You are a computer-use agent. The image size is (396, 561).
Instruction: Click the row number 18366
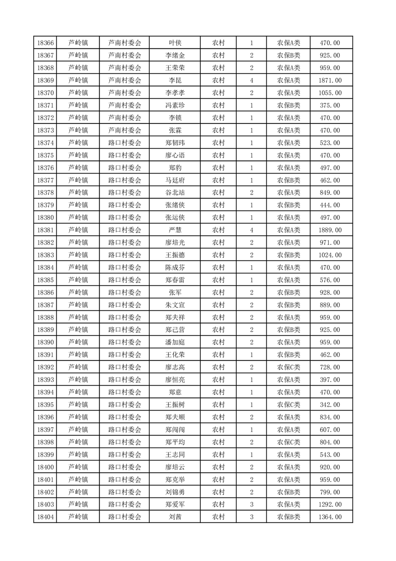(x=45, y=43)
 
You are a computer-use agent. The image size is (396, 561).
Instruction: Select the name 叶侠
(x=175, y=43)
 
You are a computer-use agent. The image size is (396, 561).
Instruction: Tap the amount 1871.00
(x=330, y=80)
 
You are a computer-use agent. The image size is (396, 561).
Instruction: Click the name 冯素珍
(x=175, y=105)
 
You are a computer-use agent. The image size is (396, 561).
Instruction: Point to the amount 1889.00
(x=330, y=230)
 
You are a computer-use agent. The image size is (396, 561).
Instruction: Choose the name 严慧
(x=175, y=230)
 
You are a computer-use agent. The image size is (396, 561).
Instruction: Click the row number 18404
(x=45, y=517)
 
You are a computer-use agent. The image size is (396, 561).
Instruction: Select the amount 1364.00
(x=330, y=517)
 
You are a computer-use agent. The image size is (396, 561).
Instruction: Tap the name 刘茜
(x=175, y=517)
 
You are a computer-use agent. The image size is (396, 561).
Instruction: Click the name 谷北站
(x=175, y=192)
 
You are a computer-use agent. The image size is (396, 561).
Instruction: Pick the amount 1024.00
(x=330, y=255)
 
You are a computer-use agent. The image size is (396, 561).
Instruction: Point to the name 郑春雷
(x=175, y=280)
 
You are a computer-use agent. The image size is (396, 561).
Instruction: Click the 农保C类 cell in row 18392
(x=289, y=367)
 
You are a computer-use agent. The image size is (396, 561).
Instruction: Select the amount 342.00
(x=330, y=404)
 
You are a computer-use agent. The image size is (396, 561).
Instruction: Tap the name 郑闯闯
(x=175, y=429)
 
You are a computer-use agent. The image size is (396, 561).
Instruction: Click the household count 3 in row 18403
(x=251, y=504)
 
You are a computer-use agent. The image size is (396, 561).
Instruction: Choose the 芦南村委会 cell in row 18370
(x=125, y=93)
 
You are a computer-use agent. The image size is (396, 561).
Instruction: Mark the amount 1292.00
(x=330, y=504)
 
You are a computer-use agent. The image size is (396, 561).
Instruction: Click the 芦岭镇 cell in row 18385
(x=78, y=280)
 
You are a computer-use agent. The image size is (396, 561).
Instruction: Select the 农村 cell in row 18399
(x=218, y=454)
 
